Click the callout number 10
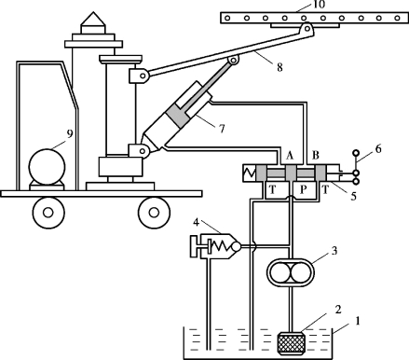click(x=319, y=5)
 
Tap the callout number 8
click(x=279, y=67)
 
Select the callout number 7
click(x=222, y=129)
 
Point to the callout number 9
click(x=70, y=134)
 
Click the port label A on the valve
click(x=290, y=156)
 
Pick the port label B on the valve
click(x=316, y=156)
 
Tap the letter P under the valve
click(x=304, y=189)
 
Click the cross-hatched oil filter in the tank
click(x=291, y=343)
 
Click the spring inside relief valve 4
click(x=219, y=246)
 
